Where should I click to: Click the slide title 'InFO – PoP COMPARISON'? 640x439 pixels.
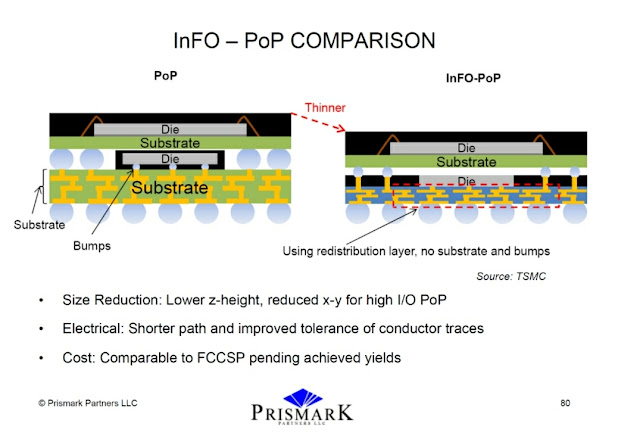tap(319, 41)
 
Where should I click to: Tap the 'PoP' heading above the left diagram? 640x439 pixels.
tap(165, 76)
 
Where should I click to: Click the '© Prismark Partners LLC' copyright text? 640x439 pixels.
tap(87, 402)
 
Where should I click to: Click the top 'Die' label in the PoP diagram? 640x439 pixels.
tap(170, 129)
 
